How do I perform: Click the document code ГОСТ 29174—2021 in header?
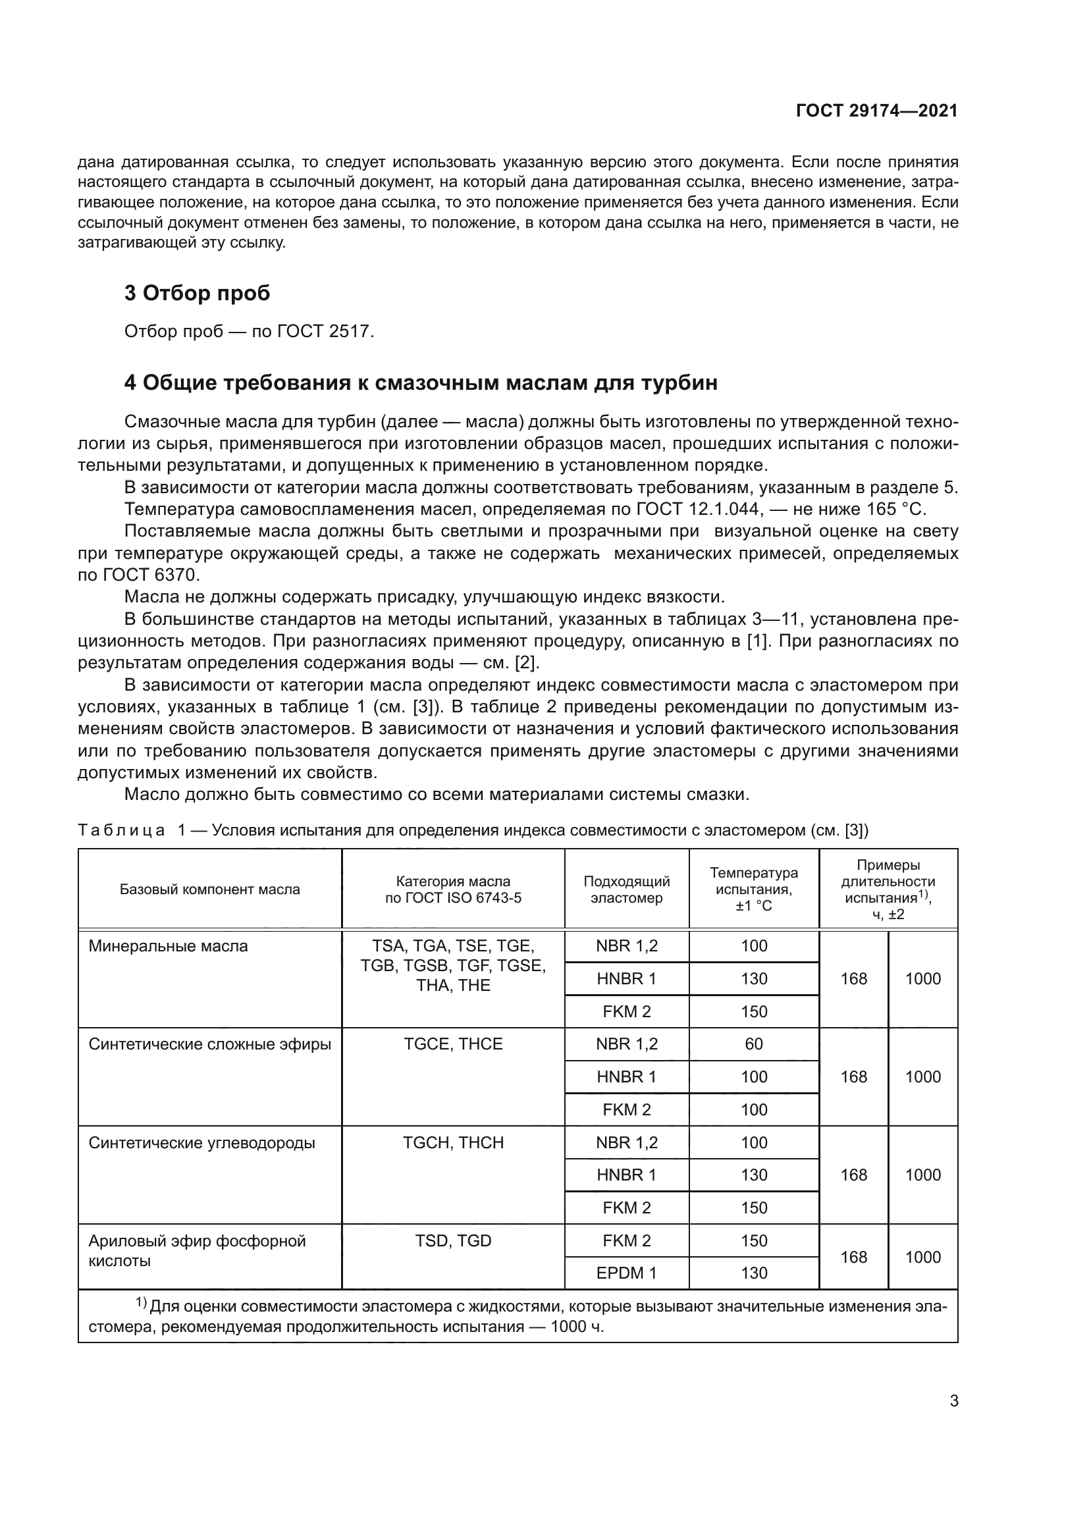pos(876,111)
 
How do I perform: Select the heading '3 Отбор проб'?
pos(197,293)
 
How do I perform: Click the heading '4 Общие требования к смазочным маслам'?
pos(421,383)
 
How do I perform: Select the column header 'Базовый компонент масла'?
pos(210,889)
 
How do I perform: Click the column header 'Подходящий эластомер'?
pos(626,889)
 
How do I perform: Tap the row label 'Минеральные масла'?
pos(169,946)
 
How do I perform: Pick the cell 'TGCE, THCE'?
pos(453,1044)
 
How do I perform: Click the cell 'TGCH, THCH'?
pos(453,1143)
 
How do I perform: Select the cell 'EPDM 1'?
pos(626,1273)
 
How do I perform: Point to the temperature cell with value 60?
pos(754,1044)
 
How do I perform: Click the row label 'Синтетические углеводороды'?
pos(202,1143)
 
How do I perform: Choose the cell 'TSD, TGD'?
pos(453,1241)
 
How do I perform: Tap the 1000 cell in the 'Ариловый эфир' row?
pos(922,1257)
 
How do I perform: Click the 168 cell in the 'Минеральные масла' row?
pos(854,978)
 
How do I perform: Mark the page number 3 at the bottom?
pos(954,1401)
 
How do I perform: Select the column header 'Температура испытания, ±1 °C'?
pos(754,889)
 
